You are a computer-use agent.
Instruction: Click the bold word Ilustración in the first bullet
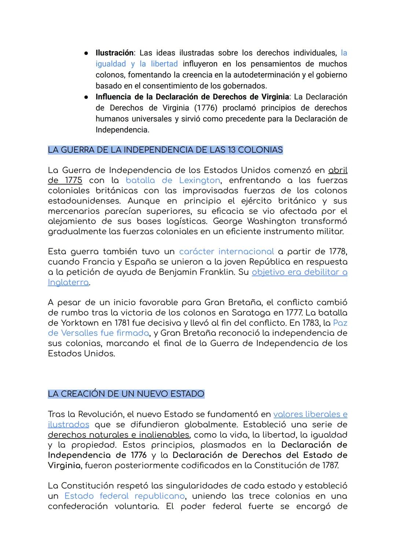tap(114, 53)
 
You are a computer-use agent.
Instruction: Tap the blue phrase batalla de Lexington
tap(173, 180)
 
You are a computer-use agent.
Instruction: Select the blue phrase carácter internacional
tap(226, 252)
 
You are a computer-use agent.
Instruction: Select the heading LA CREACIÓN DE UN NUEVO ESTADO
tap(126, 394)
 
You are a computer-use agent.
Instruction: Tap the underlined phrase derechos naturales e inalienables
tap(118, 435)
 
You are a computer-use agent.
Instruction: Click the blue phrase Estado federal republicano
tap(124, 496)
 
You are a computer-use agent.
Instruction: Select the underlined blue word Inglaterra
tap(68, 283)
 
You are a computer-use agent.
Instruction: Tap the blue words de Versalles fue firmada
tap(98, 333)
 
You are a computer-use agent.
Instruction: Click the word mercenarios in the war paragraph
tap(74, 212)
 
